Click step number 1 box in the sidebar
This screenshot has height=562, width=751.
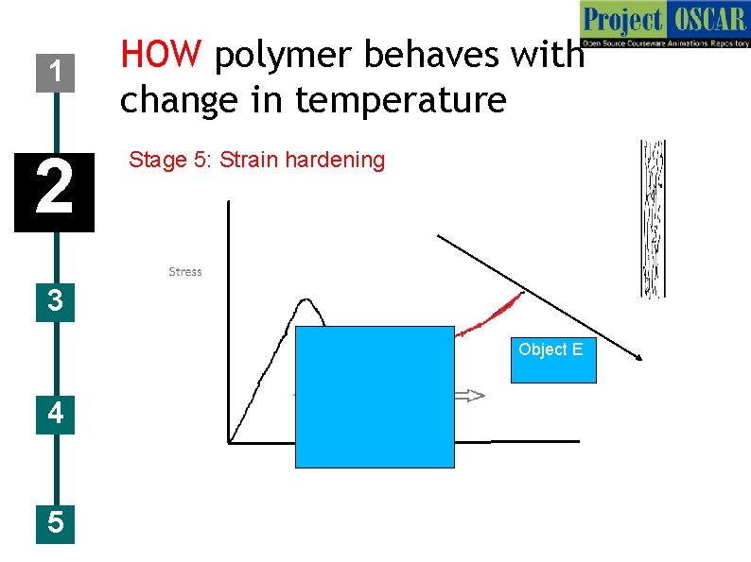[57, 71]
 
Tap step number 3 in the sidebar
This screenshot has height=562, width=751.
[56, 302]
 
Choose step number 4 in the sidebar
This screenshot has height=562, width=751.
[56, 413]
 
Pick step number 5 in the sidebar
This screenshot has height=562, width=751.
[56, 522]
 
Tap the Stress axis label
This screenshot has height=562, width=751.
[185, 272]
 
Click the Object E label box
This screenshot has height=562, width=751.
[553, 359]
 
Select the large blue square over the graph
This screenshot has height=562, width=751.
[375, 397]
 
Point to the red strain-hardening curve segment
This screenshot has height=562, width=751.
[492, 315]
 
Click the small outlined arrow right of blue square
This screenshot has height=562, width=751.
[470, 395]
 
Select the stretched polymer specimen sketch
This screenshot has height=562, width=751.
[653, 218]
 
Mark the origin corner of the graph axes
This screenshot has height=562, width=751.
[229, 441]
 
